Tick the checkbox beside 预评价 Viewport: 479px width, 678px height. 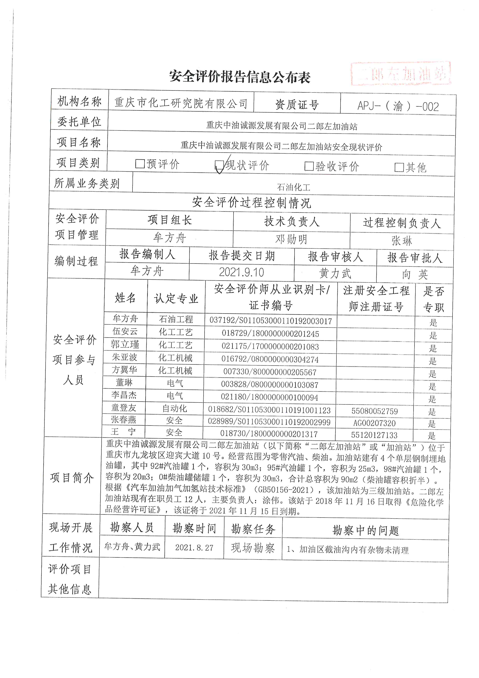coord(140,164)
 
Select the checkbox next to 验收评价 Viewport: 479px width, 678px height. coord(309,166)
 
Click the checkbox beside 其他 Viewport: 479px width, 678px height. coord(399,167)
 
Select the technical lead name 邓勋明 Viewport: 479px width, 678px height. coord(291,239)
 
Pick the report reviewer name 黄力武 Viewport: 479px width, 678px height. coord(335,273)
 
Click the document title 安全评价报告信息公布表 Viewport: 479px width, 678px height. coord(240,77)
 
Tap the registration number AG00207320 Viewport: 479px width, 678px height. coord(374,423)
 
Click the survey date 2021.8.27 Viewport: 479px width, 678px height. coord(194,548)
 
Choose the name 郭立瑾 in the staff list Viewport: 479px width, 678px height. coord(125,344)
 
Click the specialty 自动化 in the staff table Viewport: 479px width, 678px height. coord(175,408)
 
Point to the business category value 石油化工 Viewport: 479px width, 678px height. coord(293,187)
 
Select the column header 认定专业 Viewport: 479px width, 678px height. coord(176,298)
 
